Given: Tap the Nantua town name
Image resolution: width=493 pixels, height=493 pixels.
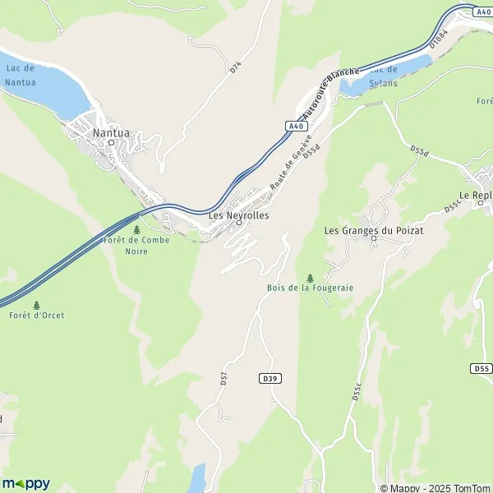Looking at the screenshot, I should click(112, 131).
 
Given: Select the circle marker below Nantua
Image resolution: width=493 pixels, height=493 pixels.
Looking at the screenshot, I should click(112, 142).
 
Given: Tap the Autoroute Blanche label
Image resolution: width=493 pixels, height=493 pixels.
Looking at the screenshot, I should click(329, 93).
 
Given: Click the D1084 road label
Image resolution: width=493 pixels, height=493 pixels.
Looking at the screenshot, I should click(442, 38).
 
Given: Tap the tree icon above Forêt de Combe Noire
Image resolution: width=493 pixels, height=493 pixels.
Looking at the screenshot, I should click(136, 229).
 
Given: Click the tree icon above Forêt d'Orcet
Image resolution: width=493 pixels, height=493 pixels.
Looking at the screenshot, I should click(36, 305).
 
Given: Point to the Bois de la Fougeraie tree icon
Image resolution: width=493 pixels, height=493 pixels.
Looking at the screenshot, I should click(309, 278).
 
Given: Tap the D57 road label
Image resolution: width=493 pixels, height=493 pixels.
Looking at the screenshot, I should click(223, 378).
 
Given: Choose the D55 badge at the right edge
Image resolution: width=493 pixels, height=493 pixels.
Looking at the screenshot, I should click(482, 369).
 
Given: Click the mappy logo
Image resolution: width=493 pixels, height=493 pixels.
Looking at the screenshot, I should click(25, 483).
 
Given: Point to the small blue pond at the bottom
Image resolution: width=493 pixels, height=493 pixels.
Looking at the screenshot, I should click(196, 478).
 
